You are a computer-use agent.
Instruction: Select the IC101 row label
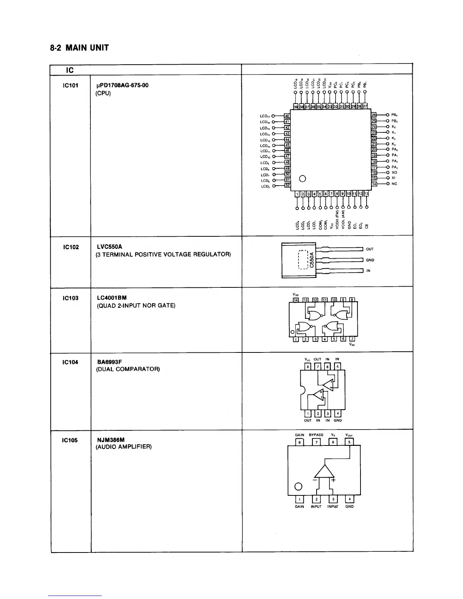[x=70, y=85]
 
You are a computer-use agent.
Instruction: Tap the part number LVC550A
[x=110, y=247]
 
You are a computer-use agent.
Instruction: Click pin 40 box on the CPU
[x=287, y=116]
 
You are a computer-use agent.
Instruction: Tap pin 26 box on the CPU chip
[x=374, y=115]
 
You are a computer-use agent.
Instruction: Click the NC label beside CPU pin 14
[x=395, y=184]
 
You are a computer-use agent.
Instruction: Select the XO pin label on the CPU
[x=395, y=172]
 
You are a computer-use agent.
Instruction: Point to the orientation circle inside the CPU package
[x=302, y=178]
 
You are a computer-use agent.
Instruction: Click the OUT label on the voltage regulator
[x=370, y=249]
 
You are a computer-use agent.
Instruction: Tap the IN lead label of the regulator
[x=368, y=271]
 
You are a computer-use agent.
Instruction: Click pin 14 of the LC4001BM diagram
[x=296, y=300]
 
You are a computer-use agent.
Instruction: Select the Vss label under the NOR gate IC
[x=352, y=345]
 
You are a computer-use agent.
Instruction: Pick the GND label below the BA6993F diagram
[x=338, y=420]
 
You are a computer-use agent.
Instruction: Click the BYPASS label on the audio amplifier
[x=316, y=435]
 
